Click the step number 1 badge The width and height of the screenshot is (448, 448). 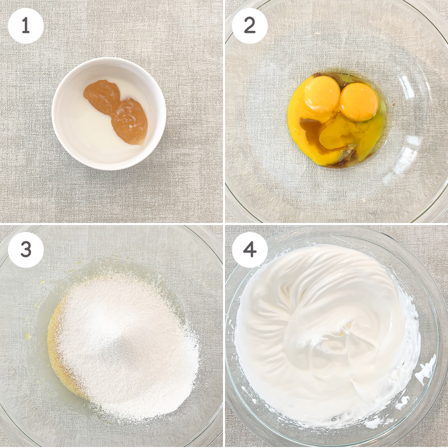click(x=26, y=26)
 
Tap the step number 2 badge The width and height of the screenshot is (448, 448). click(x=250, y=26)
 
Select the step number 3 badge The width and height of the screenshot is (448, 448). click(x=26, y=250)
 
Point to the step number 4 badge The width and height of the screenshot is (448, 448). click(x=250, y=250)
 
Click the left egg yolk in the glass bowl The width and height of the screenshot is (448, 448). click(x=322, y=94)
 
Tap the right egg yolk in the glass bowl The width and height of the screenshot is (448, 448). click(x=359, y=102)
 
